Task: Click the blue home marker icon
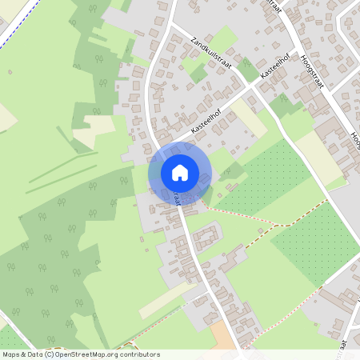tap(180, 173)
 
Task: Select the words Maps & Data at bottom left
tap(22, 354)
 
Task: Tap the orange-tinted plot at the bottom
tap(225, 338)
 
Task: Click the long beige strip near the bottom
tap(164, 301)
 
